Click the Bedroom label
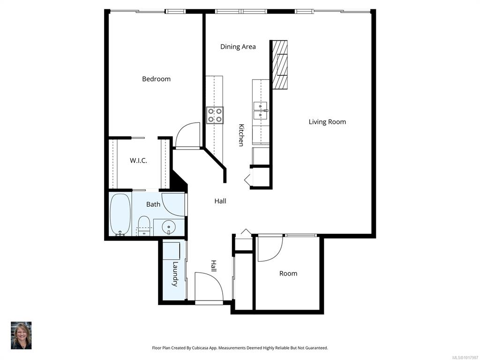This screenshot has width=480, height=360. [x=156, y=79]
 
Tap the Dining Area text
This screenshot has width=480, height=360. [x=238, y=47]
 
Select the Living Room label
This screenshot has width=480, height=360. [x=327, y=122]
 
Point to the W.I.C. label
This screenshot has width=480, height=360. [x=138, y=160]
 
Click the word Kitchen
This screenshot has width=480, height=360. [x=241, y=135]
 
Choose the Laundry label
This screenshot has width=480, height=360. [x=175, y=274]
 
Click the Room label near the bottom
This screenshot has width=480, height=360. [x=288, y=273]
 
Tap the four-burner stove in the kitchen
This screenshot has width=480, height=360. [x=215, y=115]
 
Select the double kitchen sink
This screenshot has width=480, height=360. [x=261, y=110]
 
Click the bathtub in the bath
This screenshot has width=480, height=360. [x=120, y=214]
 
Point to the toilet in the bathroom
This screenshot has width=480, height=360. [x=143, y=226]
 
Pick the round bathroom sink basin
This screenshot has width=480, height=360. [x=168, y=227]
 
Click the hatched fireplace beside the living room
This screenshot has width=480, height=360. [x=280, y=65]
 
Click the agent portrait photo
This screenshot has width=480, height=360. [x=21, y=335]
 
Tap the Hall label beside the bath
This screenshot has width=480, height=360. [x=220, y=201]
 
